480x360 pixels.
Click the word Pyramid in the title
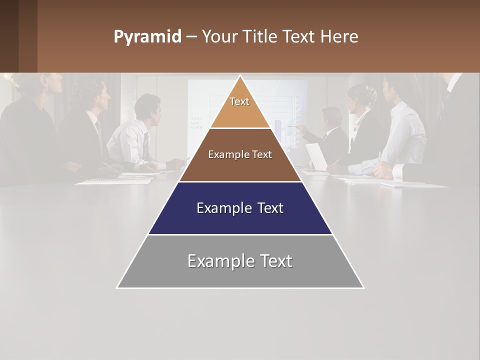pyautogui.click(x=147, y=37)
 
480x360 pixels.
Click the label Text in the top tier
pyautogui.click(x=239, y=101)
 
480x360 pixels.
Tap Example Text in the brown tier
pyautogui.click(x=240, y=154)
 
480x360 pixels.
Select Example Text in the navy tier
pyautogui.click(x=240, y=208)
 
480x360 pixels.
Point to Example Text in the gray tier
pyautogui.click(x=240, y=261)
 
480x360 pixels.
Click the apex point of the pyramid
pyautogui.click(x=240, y=76)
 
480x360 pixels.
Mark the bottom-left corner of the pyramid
pyautogui.click(x=117, y=287)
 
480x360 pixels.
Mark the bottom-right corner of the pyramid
pyautogui.click(x=363, y=287)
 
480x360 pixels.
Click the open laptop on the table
pyautogui.click(x=316, y=156)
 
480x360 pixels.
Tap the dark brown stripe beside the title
pyautogui.click(x=28, y=36)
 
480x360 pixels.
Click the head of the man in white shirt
pyautogui.click(x=147, y=107)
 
